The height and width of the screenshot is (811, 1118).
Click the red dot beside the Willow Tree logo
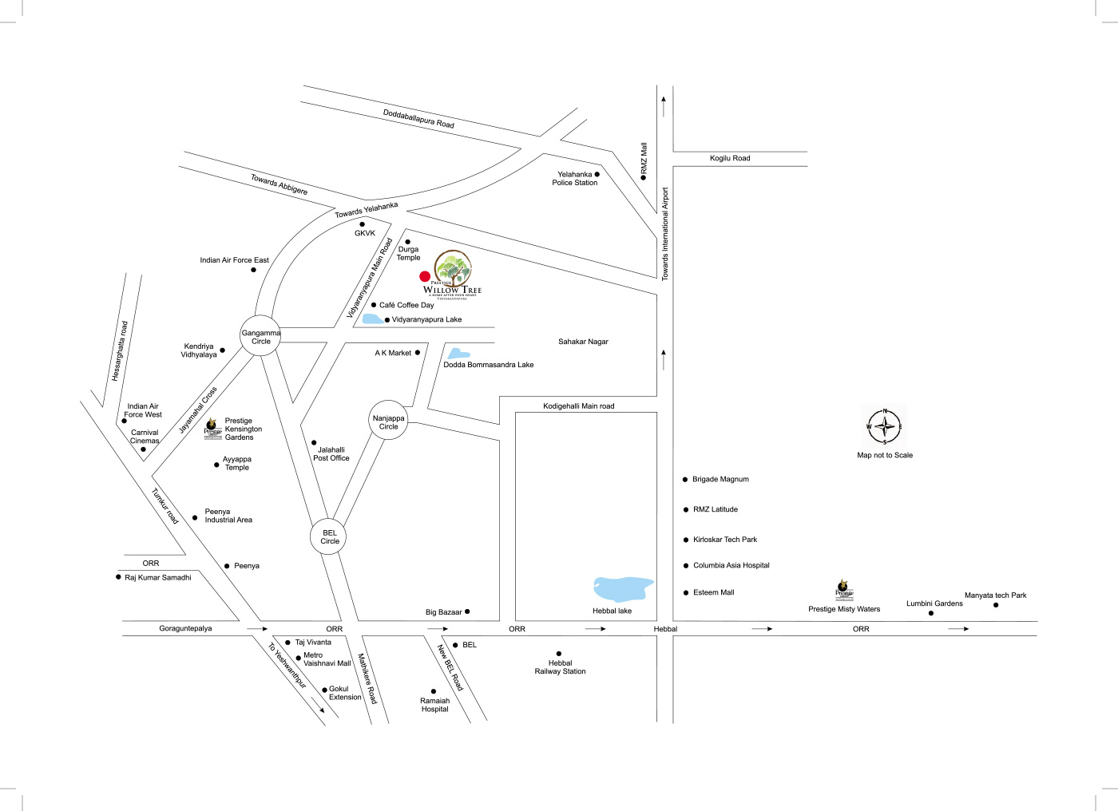[425, 277]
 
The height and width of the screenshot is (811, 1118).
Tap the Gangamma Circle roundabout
[261, 337]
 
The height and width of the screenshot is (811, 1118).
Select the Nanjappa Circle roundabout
[389, 421]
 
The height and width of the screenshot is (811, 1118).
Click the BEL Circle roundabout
[330, 536]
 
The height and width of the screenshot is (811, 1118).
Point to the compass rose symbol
[885, 426]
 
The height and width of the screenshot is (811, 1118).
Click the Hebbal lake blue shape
[622, 589]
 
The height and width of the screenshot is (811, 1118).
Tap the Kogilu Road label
[730, 158]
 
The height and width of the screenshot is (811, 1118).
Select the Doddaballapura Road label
[418, 119]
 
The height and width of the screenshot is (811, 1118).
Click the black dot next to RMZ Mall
[644, 177]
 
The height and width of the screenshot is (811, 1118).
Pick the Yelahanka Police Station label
[575, 179]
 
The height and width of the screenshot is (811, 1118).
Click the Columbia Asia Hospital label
[731, 565]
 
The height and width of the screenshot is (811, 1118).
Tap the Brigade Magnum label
[720, 479]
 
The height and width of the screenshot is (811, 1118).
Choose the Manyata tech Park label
[995, 595]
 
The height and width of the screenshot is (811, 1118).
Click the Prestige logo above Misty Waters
[844, 591]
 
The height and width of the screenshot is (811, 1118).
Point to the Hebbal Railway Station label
[560, 667]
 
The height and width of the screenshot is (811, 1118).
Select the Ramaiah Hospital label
[435, 705]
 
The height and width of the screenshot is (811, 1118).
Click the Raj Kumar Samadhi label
[158, 577]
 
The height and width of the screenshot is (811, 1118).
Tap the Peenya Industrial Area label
[228, 516]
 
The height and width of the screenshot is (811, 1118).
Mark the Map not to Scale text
[885, 455]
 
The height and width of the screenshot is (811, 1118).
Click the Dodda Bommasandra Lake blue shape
[457, 353]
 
